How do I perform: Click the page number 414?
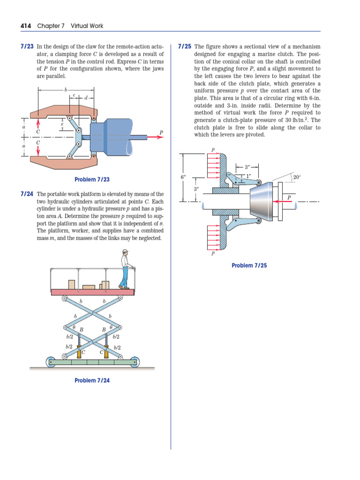point(26,26)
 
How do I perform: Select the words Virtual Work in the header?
point(87,26)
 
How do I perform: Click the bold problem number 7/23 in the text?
point(27,47)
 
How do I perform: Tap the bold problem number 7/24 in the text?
point(27,194)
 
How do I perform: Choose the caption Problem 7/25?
point(249,266)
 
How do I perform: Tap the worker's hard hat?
point(125,252)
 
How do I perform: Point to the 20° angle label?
point(297,177)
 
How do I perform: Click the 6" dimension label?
point(183,177)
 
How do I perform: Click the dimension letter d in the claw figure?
point(86,98)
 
